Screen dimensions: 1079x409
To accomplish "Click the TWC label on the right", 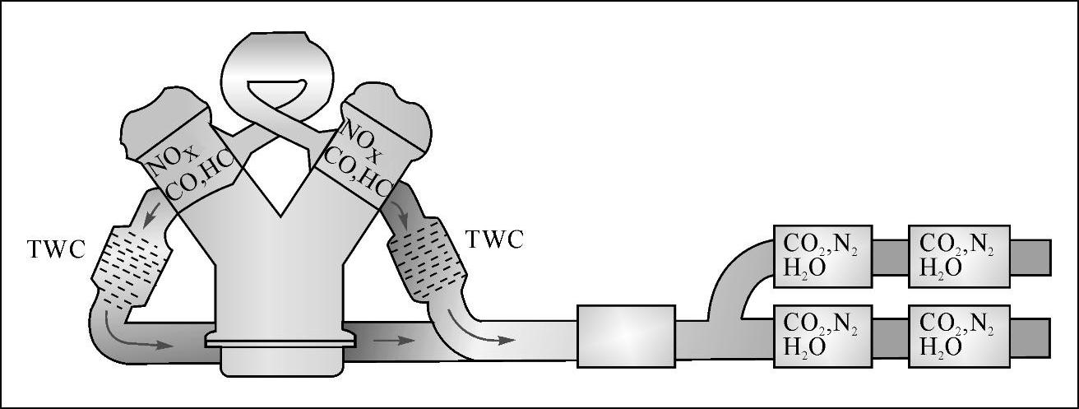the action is tap(494, 239).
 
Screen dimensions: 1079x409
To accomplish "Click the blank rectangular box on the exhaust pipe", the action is tap(626, 336).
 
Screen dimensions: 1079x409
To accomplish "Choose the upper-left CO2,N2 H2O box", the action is tap(822, 257).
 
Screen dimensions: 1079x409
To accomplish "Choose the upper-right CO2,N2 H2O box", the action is tap(956, 257).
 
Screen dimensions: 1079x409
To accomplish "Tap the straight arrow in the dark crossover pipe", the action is tap(396, 340).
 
